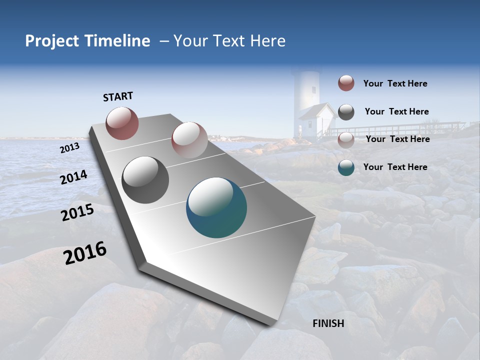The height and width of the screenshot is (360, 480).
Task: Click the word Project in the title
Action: click(x=51, y=41)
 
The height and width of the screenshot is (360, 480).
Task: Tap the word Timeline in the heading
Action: click(x=116, y=41)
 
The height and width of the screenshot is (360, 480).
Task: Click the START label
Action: click(x=118, y=96)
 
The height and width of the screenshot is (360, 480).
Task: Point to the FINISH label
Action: click(x=328, y=323)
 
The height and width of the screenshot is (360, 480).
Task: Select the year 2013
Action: click(x=70, y=148)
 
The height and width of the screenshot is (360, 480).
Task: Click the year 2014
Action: click(x=74, y=177)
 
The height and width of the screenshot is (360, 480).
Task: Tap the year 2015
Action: click(x=77, y=213)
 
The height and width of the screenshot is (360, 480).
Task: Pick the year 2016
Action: click(x=85, y=253)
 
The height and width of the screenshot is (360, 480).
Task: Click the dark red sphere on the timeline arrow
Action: click(x=122, y=123)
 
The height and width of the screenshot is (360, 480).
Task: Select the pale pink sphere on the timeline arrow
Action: click(x=189, y=139)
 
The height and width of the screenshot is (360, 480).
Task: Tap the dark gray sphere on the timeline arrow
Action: click(x=145, y=180)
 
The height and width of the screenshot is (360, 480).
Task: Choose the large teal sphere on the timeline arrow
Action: click(x=216, y=207)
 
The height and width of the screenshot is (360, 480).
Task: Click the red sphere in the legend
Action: click(x=346, y=83)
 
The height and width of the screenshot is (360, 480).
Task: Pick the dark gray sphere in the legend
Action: click(x=346, y=112)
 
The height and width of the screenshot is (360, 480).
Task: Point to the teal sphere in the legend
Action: click(x=346, y=167)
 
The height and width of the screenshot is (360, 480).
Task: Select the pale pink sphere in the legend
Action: click(x=346, y=139)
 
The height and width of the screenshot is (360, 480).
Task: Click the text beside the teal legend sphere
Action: click(x=395, y=167)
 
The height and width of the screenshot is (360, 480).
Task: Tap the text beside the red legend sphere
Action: click(x=395, y=83)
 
